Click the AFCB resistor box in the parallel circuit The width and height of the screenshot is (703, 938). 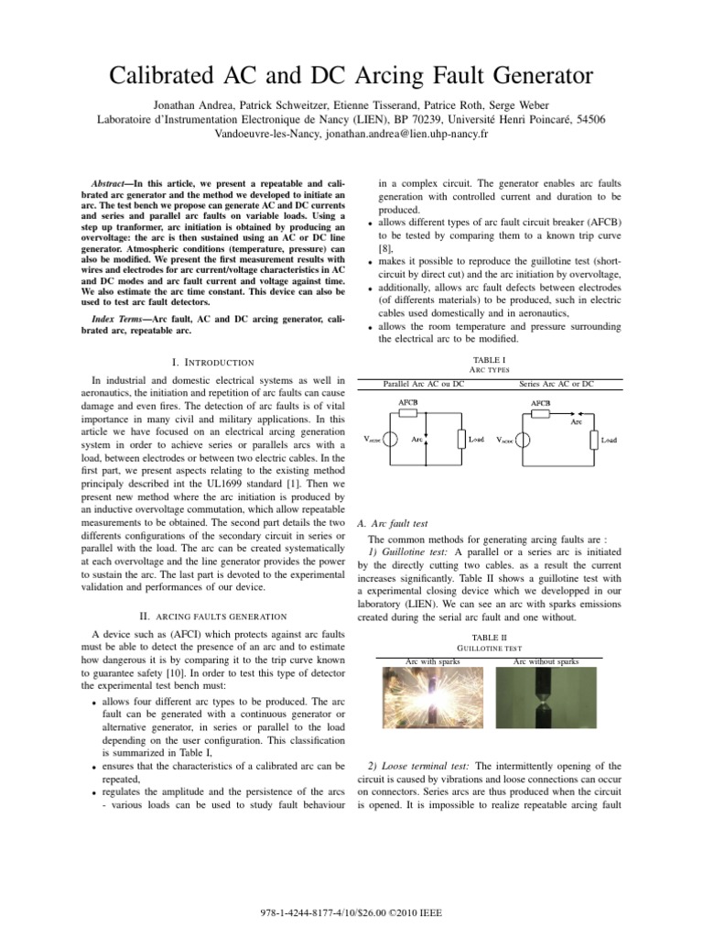point(410,413)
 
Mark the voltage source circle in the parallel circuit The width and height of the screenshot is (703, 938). point(389,440)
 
